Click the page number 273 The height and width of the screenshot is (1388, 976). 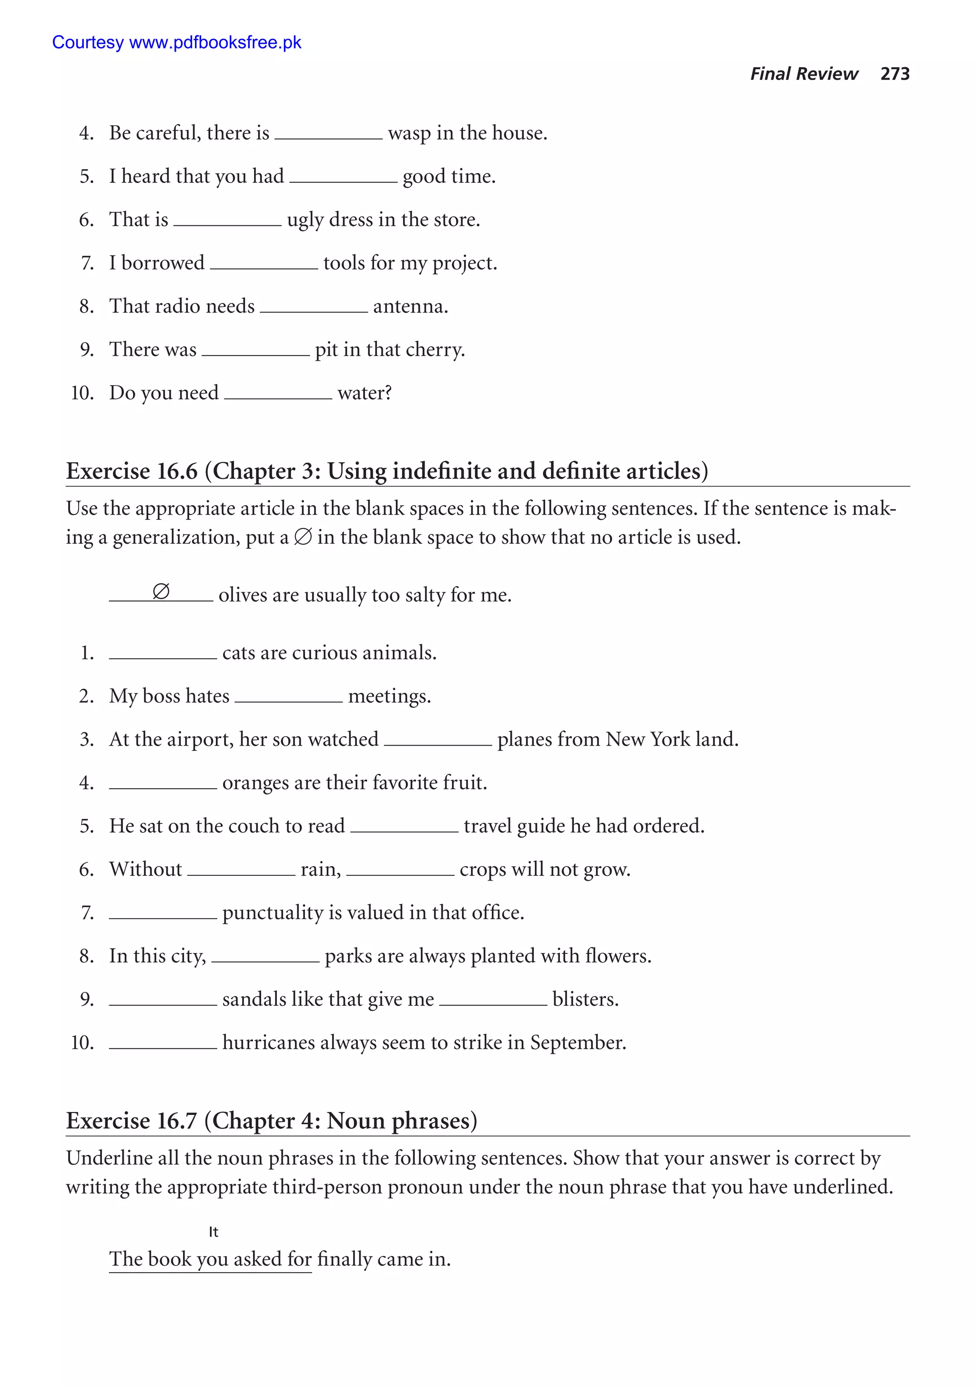point(895,74)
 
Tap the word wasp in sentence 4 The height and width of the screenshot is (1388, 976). point(409,133)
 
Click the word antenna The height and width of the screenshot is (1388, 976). point(410,306)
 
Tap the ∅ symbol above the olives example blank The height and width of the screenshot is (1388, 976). point(161,591)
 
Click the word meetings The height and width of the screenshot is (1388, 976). point(389,697)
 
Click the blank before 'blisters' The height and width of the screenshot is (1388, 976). point(493,999)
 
